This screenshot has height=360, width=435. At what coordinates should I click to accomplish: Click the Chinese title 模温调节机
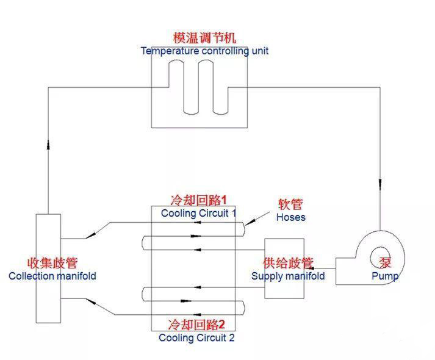199,38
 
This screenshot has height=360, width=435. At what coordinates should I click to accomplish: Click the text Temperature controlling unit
204,51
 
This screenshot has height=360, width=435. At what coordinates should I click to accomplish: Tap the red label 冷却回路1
198,200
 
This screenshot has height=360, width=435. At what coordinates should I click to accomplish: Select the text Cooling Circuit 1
198,213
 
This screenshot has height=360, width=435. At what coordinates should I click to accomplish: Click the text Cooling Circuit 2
196,337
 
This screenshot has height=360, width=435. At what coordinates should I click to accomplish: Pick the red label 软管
290,204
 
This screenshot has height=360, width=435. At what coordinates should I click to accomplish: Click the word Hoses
290,217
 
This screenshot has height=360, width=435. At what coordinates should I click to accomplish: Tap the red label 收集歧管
52,264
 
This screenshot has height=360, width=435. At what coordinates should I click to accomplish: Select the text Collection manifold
52,276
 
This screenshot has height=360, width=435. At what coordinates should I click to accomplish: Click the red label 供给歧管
288,264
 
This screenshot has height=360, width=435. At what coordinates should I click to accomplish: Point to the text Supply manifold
288,276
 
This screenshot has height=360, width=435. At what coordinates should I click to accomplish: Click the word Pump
385,276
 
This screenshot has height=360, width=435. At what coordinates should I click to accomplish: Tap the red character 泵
386,263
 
